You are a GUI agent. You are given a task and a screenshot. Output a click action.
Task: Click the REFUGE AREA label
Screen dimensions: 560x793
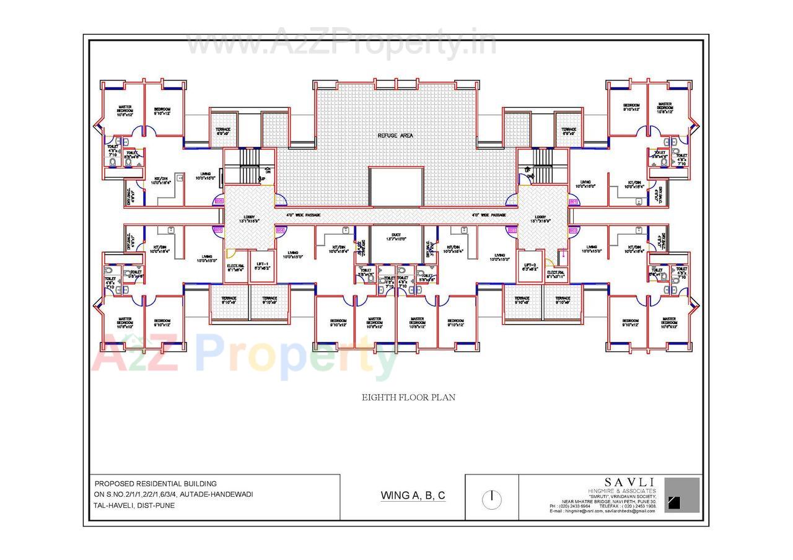tap(395, 135)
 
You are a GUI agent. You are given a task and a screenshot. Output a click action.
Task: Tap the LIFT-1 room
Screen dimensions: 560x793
tap(261, 266)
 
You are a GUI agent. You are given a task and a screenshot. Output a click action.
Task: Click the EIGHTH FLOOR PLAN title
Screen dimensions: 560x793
tap(408, 397)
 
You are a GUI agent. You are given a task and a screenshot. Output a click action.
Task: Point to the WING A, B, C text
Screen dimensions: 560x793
tap(413, 495)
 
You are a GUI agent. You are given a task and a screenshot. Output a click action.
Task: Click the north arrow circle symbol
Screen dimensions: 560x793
tap(491, 499)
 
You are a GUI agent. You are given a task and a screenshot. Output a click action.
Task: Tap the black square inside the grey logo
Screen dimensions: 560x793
tap(674, 502)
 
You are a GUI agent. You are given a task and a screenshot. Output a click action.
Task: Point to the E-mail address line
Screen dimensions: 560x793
tap(602, 510)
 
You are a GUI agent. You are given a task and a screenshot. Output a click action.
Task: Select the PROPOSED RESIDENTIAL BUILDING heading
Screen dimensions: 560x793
tap(156, 483)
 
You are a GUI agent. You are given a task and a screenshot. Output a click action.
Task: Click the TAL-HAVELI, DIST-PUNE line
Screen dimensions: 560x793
tap(134, 505)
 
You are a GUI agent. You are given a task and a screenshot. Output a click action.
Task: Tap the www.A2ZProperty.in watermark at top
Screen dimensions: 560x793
tap(341, 43)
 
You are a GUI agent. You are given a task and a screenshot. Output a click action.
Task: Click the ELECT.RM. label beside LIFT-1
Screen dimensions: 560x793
tap(235, 268)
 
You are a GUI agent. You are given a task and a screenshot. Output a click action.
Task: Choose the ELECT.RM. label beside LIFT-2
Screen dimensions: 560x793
tap(556, 274)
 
